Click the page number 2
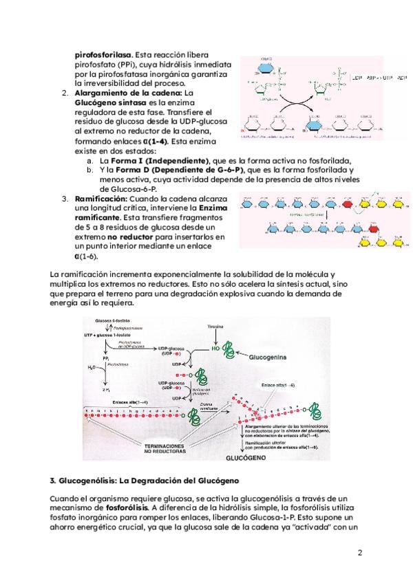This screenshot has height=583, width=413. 359,552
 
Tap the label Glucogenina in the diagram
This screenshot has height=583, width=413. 269,357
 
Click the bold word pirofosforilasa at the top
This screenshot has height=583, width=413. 103,54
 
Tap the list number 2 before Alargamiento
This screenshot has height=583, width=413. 64,92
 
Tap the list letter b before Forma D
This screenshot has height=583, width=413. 89,170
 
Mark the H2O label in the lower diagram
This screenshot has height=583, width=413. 89,368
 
